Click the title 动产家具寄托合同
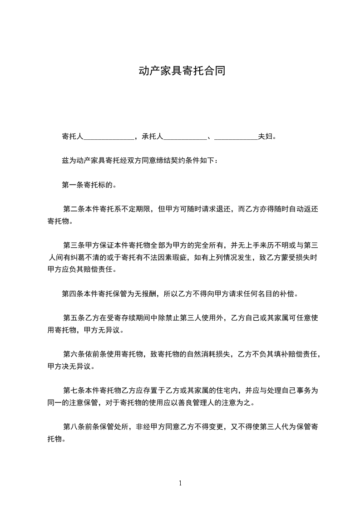(182, 71)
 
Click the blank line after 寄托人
(109, 136)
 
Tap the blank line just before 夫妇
(236, 136)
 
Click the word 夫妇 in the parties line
(266, 136)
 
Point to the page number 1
(180, 483)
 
